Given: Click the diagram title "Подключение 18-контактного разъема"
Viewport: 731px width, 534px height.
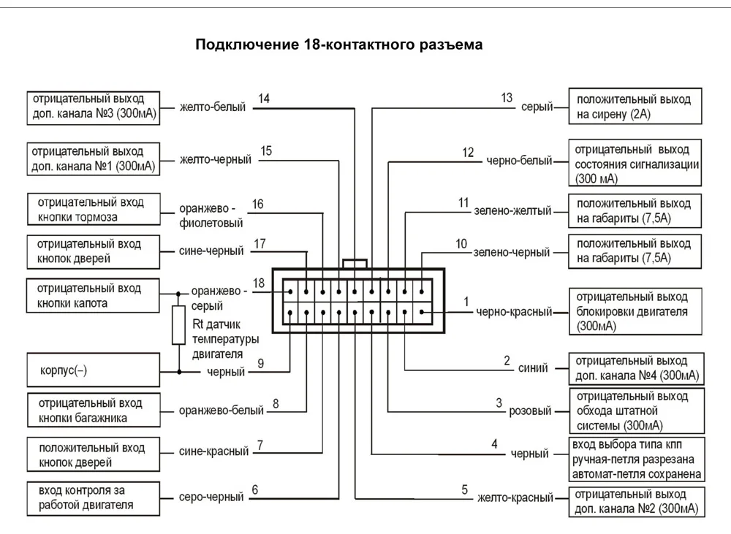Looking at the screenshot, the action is pos(339,45).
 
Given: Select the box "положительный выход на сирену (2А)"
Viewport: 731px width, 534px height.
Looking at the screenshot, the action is pos(635,106).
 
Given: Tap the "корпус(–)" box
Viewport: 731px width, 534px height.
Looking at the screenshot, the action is pos(94,370).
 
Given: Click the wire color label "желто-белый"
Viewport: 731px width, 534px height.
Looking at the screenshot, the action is pos(213,107).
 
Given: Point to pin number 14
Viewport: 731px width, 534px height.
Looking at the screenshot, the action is pos(264,99).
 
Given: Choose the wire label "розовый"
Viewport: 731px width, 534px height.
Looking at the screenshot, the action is pos(530,411).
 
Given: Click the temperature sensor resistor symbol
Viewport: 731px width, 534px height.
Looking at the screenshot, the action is pos(178,325).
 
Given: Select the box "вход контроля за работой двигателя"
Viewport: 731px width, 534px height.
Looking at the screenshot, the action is pos(94,499).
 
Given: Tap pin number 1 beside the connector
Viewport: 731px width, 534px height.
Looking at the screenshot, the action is pos(466,302).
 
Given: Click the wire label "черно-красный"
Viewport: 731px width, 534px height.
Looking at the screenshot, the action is pos(514,312).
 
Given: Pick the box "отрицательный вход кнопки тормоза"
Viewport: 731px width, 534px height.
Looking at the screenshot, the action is pos(94,209).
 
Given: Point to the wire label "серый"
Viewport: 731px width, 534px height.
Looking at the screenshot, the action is pos(537,107).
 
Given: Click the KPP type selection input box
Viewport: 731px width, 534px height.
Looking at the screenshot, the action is pos(637,459).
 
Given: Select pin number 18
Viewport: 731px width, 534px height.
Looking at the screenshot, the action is pos(259,283).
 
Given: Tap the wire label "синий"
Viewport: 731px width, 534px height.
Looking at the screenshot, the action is pos(533,368).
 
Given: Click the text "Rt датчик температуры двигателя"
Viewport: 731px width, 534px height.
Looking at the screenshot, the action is pos(225,339).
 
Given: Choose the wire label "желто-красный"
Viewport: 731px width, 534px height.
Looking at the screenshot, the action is pos(515,498).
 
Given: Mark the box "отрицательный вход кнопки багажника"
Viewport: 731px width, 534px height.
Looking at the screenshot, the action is pos(94,410).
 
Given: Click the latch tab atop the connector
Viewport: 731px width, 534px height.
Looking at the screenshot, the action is pos(355,264).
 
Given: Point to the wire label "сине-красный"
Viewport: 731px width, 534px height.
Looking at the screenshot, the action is pos(213,451).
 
